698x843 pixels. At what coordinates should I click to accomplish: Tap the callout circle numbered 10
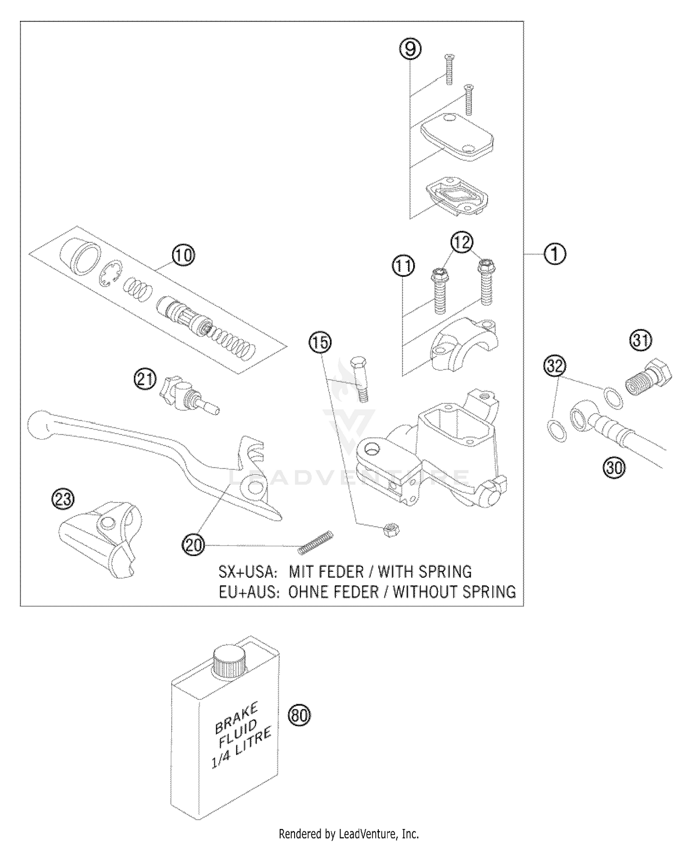coord(184,255)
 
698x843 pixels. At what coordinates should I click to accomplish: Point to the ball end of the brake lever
coord(38,424)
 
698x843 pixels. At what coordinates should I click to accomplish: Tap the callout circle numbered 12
coord(461,242)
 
